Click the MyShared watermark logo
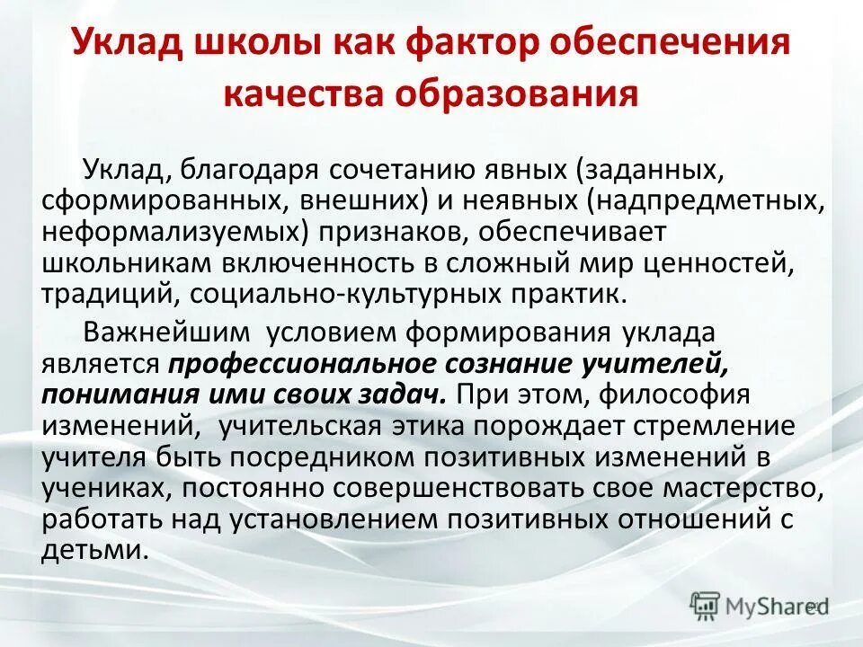point(758,606)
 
